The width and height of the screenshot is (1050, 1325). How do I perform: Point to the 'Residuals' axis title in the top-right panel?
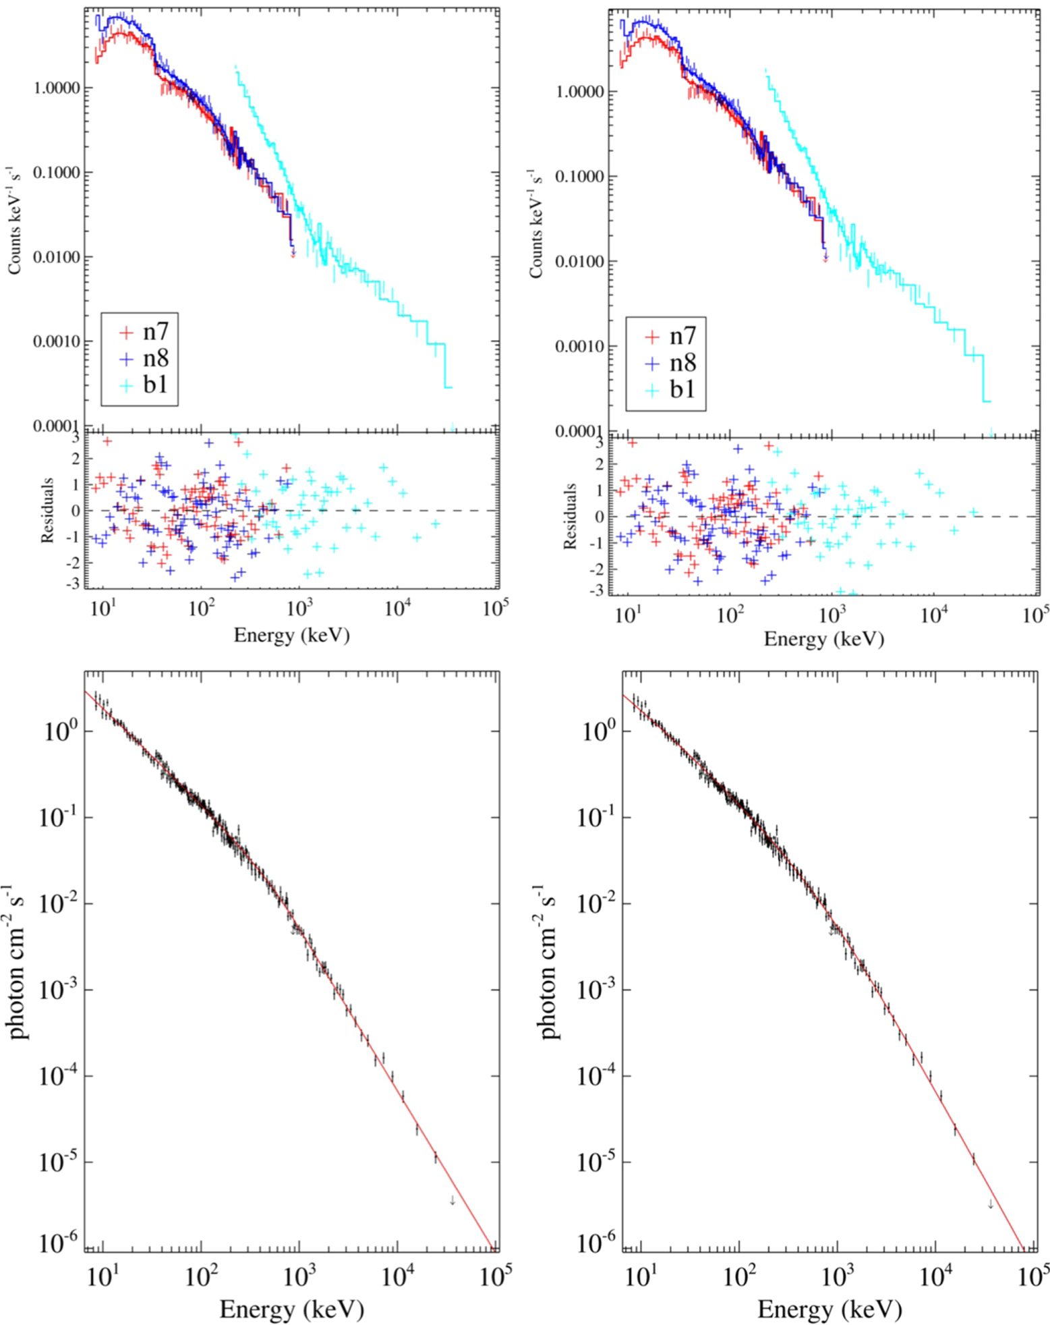570,516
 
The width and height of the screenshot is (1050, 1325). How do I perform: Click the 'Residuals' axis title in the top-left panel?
47,510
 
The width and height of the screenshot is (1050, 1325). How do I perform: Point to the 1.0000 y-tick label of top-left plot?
57,88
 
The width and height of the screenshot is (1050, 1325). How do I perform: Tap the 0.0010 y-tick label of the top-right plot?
578,347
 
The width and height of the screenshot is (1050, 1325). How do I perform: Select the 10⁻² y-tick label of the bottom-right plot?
597,902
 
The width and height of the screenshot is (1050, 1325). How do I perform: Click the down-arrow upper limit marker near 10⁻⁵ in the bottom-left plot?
453,1200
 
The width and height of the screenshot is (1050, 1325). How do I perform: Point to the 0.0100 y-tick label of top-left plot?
57,257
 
